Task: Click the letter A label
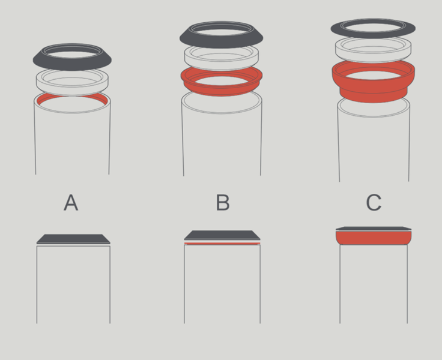click(x=71, y=203)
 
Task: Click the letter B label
click(x=223, y=203)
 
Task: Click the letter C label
click(x=374, y=203)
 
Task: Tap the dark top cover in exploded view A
click(x=72, y=65)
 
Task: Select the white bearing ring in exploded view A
click(x=72, y=89)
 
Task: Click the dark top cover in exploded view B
click(x=221, y=41)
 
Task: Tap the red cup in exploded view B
click(x=221, y=89)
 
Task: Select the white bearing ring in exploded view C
click(x=373, y=58)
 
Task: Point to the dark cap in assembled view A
click(x=73, y=239)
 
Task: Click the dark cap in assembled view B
click(x=222, y=235)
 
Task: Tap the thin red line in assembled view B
click(x=222, y=244)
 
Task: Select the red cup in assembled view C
click(x=374, y=238)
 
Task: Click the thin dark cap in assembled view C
click(x=374, y=229)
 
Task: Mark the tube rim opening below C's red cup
click(x=374, y=116)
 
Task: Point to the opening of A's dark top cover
click(x=73, y=54)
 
